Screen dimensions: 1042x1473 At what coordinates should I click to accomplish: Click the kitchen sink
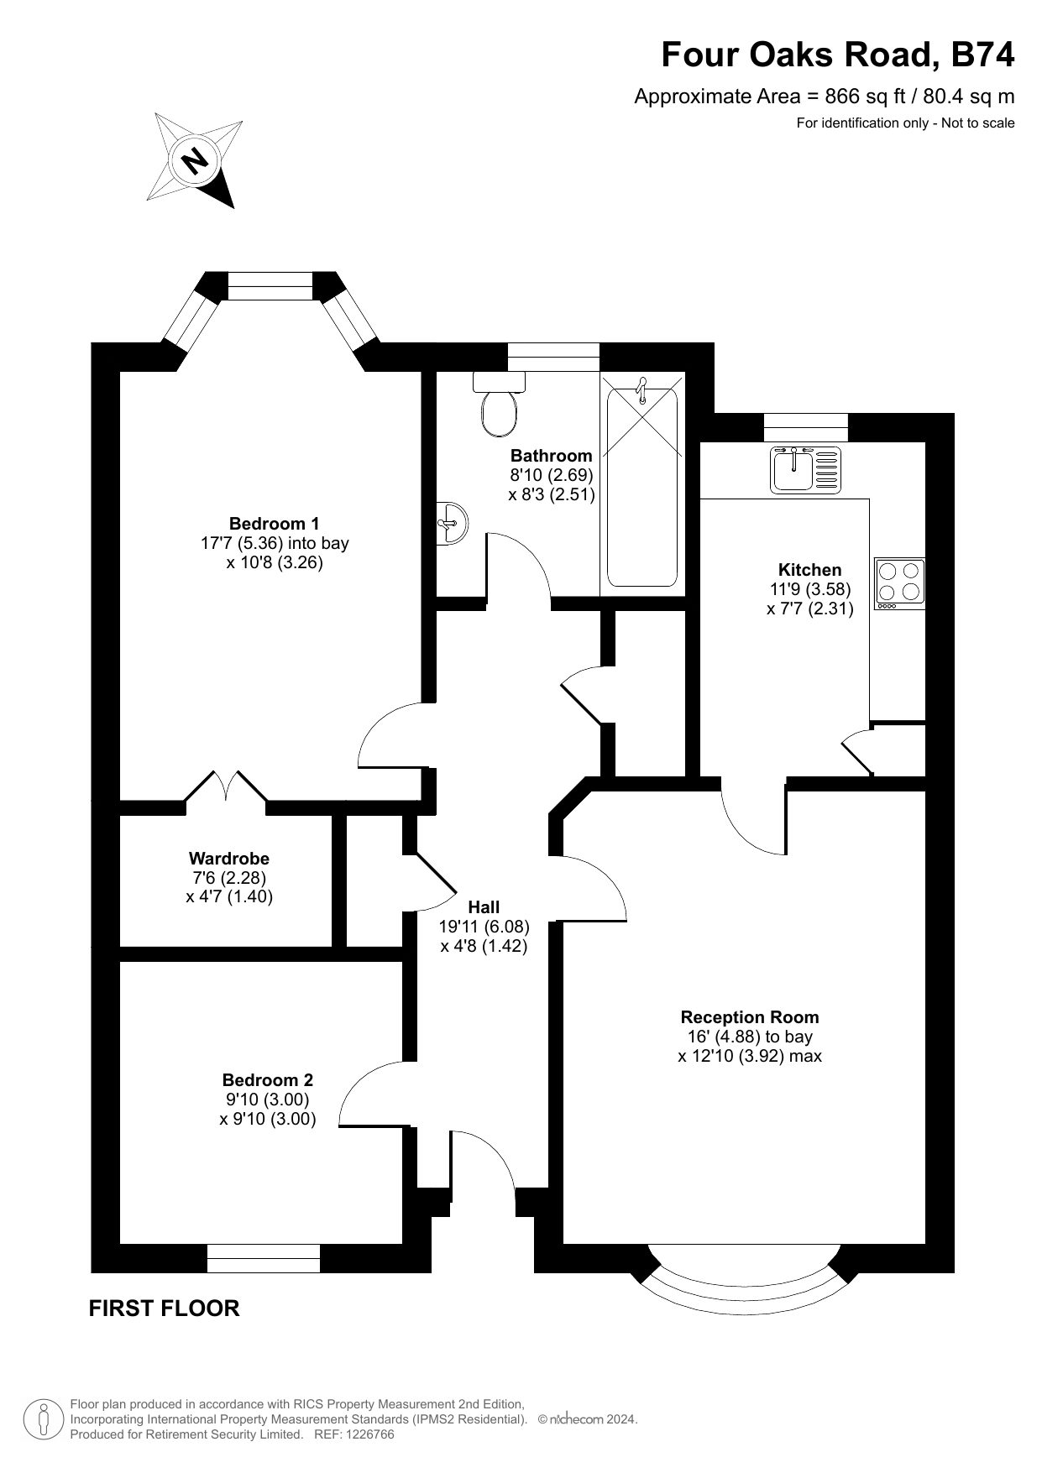point(805,468)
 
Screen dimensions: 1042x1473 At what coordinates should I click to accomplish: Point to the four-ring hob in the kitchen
point(900,583)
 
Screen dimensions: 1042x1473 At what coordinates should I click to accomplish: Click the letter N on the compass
point(196,159)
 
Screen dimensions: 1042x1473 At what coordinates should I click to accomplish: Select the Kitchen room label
point(809,570)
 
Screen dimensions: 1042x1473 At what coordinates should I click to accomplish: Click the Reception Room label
point(750,1018)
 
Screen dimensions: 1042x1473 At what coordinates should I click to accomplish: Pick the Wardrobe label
point(229,859)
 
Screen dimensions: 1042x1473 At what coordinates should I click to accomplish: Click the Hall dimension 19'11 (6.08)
point(484,927)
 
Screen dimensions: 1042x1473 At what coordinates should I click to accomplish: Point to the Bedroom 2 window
point(264,1257)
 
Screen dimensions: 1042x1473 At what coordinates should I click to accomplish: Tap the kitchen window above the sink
point(805,427)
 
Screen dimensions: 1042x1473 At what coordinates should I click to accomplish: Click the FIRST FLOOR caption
point(164,1308)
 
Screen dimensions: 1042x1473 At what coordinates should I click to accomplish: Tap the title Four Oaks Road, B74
point(838,55)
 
